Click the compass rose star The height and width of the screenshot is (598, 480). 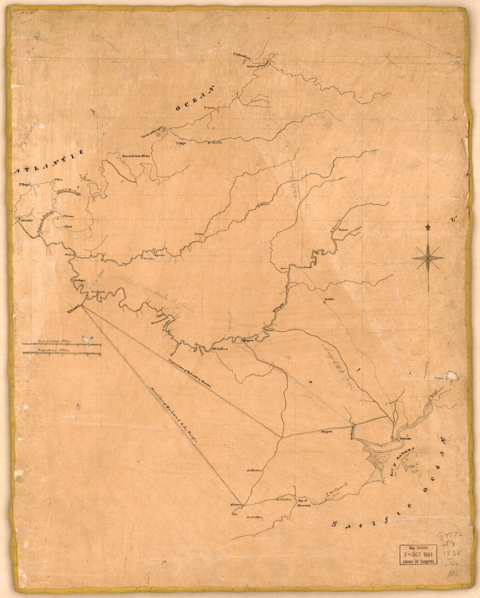point(427,258)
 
